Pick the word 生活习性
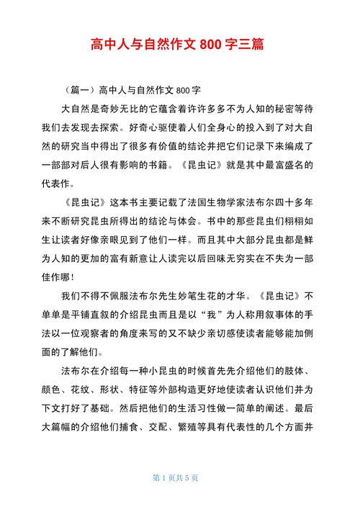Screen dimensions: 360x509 pos(210,408)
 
